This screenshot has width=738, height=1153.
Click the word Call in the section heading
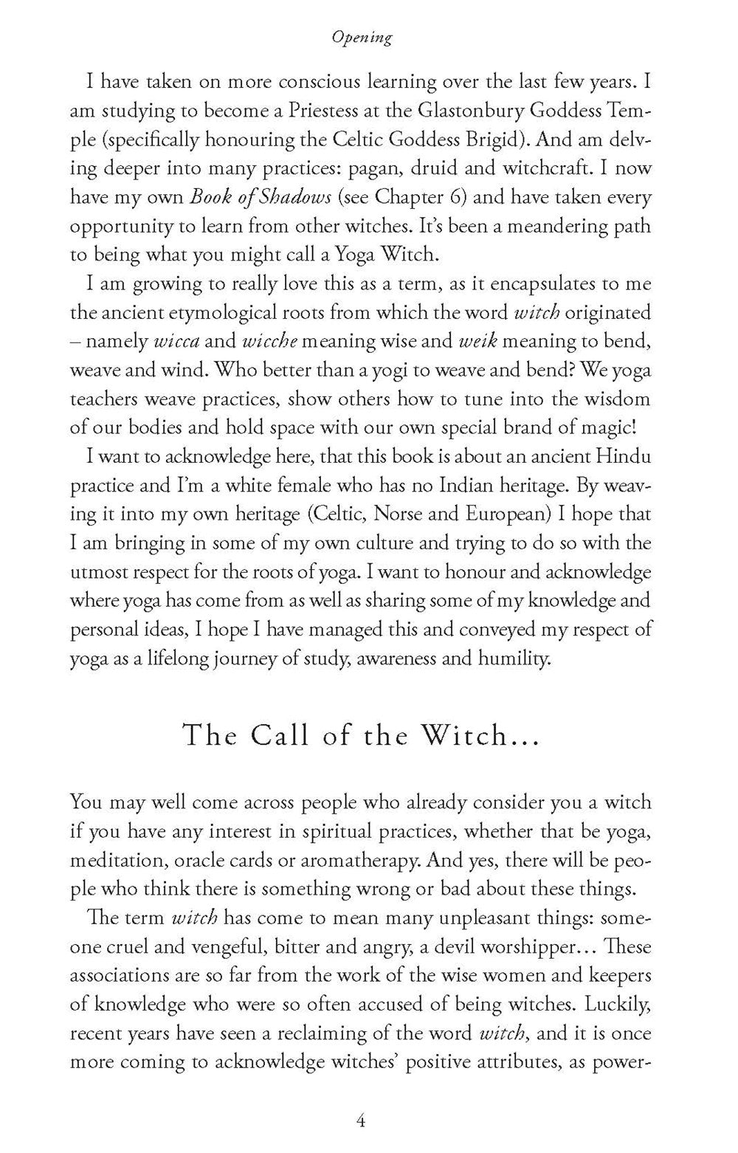[285, 735]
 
